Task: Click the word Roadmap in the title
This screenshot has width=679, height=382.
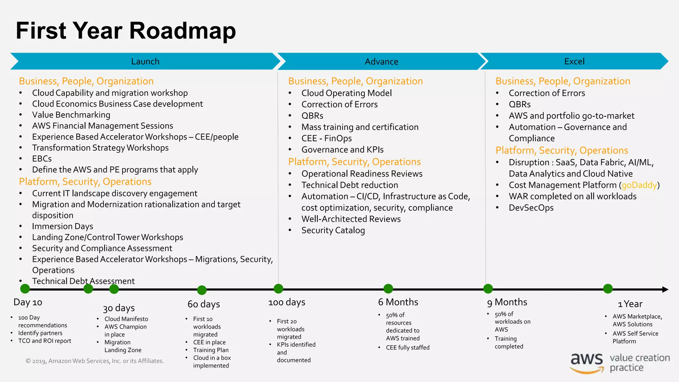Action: tap(182, 31)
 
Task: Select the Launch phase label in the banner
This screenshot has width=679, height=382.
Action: tap(145, 61)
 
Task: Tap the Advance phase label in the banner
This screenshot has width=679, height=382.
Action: tap(381, 62)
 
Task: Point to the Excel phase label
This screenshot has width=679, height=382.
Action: tap(574, 61)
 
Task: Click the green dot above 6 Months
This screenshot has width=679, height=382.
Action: tap(388, 289)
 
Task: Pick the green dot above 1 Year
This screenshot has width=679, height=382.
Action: tap(608, 289)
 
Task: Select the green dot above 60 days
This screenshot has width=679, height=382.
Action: tap(202, 290)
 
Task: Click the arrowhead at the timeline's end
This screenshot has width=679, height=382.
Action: tap(665, 289)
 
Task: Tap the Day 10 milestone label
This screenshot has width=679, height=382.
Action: tap(28, 302)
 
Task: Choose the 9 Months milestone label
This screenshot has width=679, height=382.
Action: tap(507, 302)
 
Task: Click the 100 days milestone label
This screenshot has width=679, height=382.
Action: tap(287, 302)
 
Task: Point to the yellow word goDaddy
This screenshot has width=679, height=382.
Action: tap(639, 185)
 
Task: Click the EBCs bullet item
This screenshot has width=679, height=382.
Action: tap(42, 159)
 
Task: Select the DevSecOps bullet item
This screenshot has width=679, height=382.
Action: tap(531, 208)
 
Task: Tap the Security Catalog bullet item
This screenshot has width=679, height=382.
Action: tap(333, 230)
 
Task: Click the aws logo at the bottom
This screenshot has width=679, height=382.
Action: tap(586, 362)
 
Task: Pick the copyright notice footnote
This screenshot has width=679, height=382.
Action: tap(95, 361)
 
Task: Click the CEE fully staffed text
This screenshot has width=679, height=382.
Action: tap(407, 348)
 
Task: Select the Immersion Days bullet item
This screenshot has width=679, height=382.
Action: tap(62, 226)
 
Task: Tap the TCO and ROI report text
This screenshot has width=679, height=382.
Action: tap(45, 341)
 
